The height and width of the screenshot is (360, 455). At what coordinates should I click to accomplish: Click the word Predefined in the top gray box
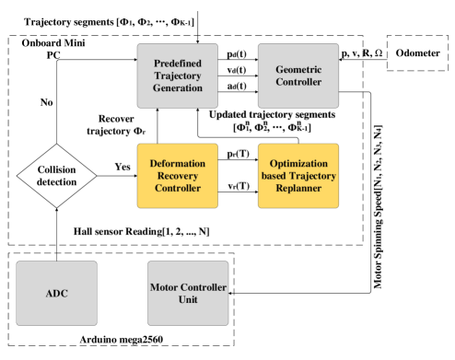(x=178, y=64)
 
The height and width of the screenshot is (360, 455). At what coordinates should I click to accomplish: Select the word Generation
(x=178, y=87)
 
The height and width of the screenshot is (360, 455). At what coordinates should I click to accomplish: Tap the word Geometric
(x=298, y=69)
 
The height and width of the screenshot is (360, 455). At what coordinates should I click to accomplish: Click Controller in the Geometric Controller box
(x=298, y=82)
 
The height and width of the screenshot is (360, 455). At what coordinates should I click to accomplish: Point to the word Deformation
(x=178, y=163)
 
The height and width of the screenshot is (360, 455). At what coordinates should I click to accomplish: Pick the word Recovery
(x=178, y=175)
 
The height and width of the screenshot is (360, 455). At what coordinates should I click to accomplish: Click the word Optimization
(x=298, y=163)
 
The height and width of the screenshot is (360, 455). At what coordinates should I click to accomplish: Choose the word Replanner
(x=298, y=188)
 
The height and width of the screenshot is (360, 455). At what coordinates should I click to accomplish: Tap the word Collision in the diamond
(x=57, y=169)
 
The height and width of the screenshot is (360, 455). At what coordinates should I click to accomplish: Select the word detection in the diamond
(x=57, y=181)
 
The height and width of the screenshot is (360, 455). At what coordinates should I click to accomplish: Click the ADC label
(x=57, y=294)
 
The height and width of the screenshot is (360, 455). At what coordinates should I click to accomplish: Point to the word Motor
(x=167, y=287)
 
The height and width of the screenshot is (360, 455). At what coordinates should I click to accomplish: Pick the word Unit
(x=189, y=300)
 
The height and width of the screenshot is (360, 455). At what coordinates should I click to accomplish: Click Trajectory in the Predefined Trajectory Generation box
(x=178, y=75)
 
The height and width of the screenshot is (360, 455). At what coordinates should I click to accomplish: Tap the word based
(x=273, y=175)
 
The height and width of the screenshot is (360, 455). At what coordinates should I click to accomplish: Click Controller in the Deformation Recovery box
(x=178, y=188)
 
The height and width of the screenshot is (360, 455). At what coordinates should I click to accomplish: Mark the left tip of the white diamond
(x=17, y=175)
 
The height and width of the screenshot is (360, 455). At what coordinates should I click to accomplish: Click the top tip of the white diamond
(x=57, y=144)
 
